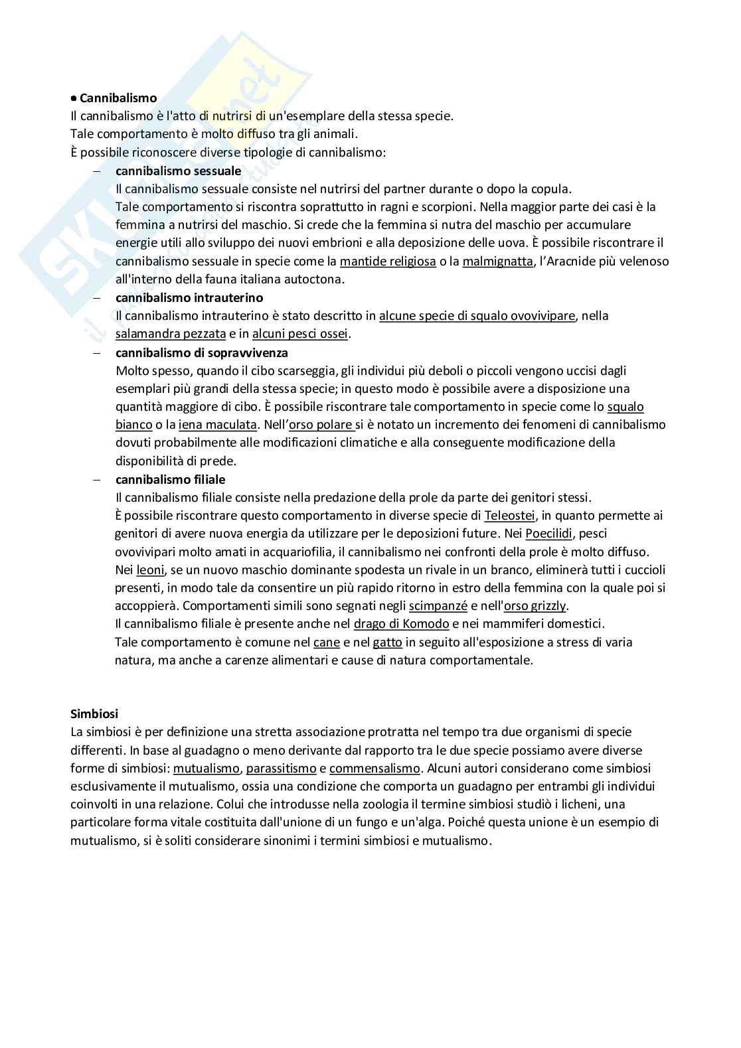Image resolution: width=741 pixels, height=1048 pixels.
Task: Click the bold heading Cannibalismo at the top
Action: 118,98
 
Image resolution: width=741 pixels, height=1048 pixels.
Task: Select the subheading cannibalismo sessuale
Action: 178,171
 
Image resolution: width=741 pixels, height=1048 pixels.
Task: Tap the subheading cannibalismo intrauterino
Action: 189,297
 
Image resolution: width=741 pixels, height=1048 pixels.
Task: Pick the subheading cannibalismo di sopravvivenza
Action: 201,352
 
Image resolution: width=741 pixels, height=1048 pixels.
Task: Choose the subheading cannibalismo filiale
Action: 170,479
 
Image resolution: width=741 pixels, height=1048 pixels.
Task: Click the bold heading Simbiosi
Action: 94,713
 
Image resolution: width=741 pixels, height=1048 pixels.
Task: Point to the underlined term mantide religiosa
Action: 388,261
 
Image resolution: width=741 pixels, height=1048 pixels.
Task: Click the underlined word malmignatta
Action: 497,261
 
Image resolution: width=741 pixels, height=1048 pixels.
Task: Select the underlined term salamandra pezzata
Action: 171,334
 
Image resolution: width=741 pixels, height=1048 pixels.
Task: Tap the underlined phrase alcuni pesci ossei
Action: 300,334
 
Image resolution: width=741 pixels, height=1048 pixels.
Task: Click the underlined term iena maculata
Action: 218,424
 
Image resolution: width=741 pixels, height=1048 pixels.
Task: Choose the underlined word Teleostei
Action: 509,515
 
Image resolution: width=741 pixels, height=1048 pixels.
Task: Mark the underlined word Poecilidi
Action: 548,533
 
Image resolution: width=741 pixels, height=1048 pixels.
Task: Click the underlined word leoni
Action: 150,569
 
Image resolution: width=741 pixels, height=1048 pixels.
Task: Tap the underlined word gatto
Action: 388,642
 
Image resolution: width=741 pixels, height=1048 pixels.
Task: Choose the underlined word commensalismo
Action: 374,768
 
